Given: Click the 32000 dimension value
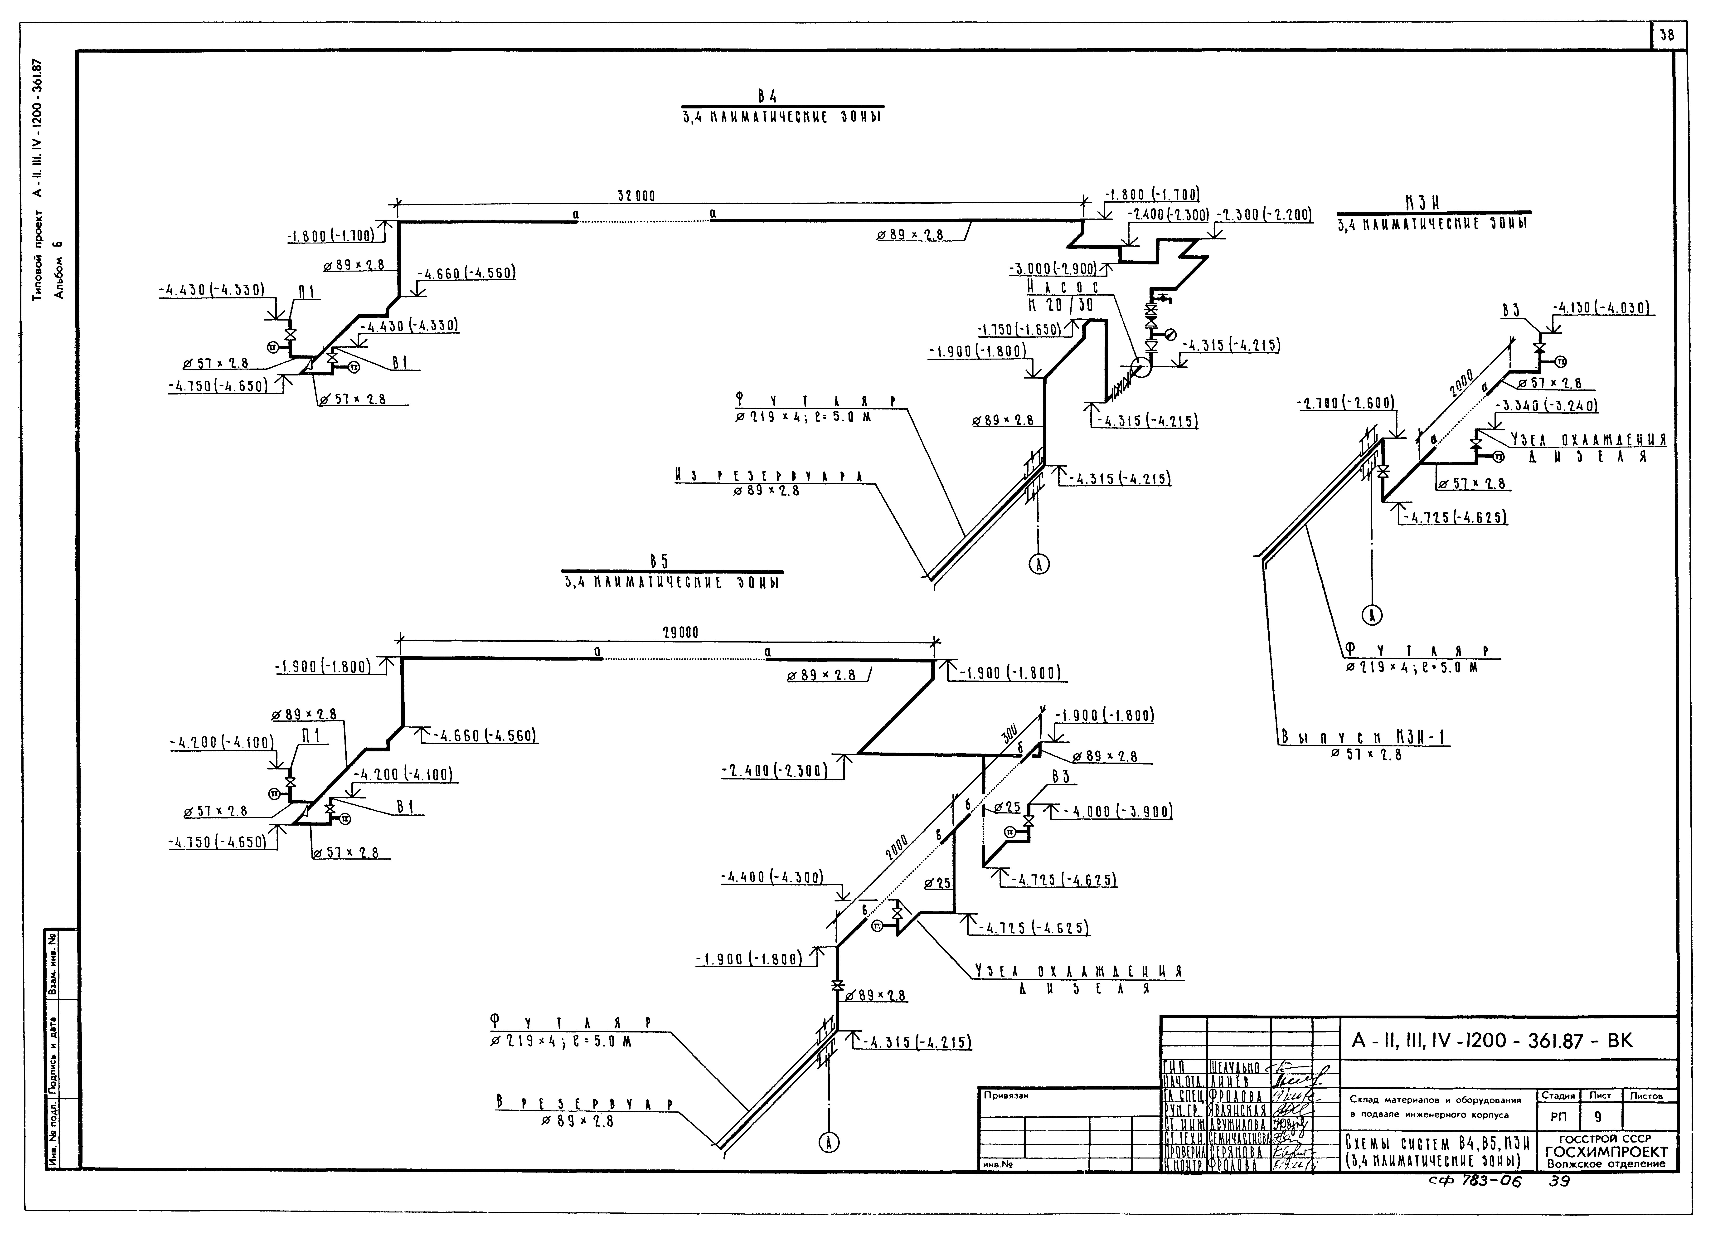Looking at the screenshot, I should click(636, 196).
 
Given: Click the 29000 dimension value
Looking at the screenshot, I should click(680, 633).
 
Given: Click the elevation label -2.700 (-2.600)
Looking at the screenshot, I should click(1344, 404).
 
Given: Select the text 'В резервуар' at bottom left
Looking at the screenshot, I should click(584, 1104).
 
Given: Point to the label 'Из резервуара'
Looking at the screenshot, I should click(769, 476).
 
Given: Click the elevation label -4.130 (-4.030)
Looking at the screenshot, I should click(1603, 308).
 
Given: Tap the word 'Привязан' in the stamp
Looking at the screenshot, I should click(1005, 1095).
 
